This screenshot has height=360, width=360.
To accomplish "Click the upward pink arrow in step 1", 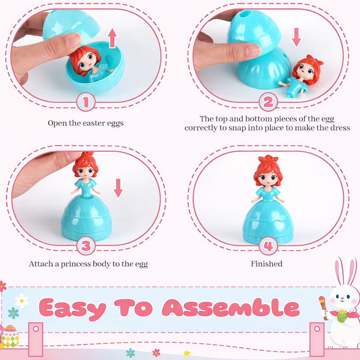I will (x=112, y=38).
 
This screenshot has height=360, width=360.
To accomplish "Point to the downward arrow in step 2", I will (x=296, y=38).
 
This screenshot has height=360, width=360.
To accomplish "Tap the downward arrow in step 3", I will (x=118, y=188).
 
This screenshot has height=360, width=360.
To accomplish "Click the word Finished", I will (x=266, y=264).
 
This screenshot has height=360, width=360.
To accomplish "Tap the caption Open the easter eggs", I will (x=85, y=123).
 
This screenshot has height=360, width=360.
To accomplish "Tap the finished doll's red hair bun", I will (x=268, y=159).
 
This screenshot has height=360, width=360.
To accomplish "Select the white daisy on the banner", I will (x=22, y=301).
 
